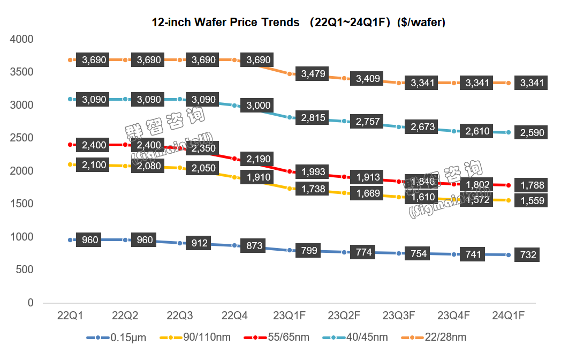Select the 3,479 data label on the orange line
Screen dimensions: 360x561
pyautogui.click(x=314, y=74)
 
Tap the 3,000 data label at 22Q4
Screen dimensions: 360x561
pyautogui.click(x=259, y=106)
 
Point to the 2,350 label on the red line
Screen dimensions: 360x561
pyautogui.click(x=203, y=148)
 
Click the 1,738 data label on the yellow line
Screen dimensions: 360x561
pyautogui.click(x=314, y=189)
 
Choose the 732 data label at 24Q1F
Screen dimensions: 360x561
pyautogui.click(x=528, y=255)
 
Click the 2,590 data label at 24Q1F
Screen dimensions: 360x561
pyautogui.click(x=532, y=132)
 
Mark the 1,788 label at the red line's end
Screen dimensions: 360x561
pyautogui.click(x=532, y=186)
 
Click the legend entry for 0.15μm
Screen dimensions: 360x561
pyautogui.click(x=124, y=338)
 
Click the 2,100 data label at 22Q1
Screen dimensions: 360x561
pyautogui.click(x=94, y=166)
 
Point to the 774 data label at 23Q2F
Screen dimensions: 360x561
pyautogui.click(x=363, y=252)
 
